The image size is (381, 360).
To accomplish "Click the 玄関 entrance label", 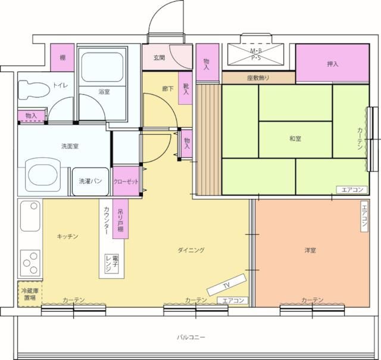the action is coord(160,58).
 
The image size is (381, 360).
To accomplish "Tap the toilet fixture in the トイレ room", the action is coord(34,90).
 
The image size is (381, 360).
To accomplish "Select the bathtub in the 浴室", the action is coord(102,67).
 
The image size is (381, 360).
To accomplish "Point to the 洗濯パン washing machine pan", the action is coord(90,181).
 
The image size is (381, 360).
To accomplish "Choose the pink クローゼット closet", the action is coord(126,181).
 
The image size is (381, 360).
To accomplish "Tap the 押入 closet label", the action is coord(333,64).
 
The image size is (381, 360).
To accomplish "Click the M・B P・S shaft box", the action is coord(257,54).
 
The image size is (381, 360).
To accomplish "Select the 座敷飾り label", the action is coord(258,78).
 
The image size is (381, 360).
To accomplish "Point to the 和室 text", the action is coord(295,139).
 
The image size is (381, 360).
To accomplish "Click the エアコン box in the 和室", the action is coord(352,190).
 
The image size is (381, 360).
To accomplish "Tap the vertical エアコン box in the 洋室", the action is coord(364,216).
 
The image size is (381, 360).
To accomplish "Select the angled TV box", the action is coord(226,284).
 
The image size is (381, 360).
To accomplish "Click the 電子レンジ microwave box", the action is coord(112,264).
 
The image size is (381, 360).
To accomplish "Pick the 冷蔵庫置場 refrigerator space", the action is coord(30,294).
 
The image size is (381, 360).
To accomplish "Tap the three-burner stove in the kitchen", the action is coord(30,263).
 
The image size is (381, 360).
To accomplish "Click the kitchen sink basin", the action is coord(30,216).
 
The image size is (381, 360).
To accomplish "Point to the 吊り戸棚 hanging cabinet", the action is coord(120,219).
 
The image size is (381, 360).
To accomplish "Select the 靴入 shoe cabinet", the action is coord(186,89).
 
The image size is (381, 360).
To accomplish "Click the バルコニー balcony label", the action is coord(191,337).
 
